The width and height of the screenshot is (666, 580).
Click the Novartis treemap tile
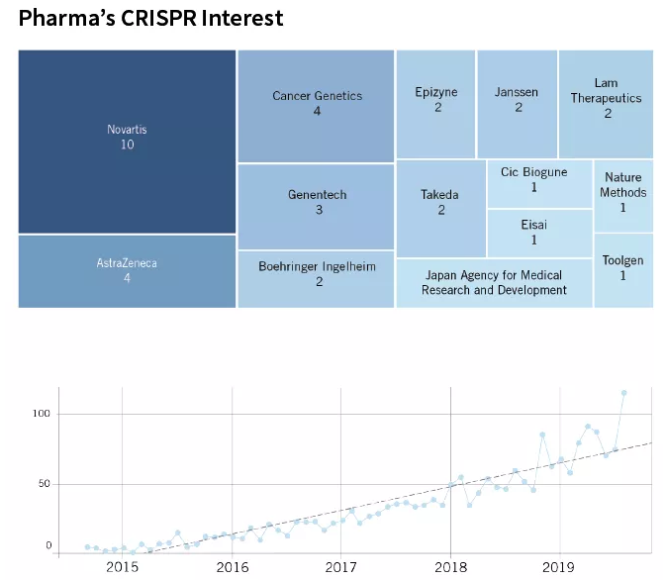127,141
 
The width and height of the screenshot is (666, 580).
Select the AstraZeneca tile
127,271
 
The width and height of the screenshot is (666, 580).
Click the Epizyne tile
435,103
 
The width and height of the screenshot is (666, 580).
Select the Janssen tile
517,103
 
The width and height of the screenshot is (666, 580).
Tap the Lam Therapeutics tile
606,103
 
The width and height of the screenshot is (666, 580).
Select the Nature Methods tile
623,194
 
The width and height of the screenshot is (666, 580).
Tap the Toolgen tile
623,269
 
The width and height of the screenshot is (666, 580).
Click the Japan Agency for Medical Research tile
493,283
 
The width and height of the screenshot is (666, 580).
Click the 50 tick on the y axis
44,484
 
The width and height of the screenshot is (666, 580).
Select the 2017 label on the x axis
340,568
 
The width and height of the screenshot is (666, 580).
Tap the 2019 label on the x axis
559,568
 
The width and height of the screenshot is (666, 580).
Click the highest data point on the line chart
623,393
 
